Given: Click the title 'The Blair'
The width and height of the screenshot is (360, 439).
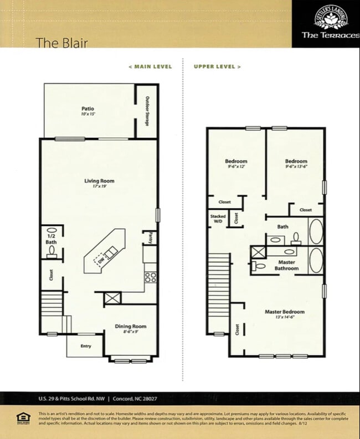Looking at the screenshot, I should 61,43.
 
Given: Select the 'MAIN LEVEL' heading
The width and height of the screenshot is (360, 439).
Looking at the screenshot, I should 150,66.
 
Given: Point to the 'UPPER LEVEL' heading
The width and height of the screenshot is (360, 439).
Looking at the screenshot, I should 217,66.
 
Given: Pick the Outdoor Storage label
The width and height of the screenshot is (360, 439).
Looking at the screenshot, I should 147,111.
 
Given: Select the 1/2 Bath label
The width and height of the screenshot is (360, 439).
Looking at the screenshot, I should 51,239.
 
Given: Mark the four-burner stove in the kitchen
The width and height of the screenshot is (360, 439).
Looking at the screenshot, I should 150,276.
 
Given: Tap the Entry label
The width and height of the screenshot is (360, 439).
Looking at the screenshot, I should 86,347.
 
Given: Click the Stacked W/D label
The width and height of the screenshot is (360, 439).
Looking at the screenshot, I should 217,219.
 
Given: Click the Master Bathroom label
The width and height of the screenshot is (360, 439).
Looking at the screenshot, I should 286,265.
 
